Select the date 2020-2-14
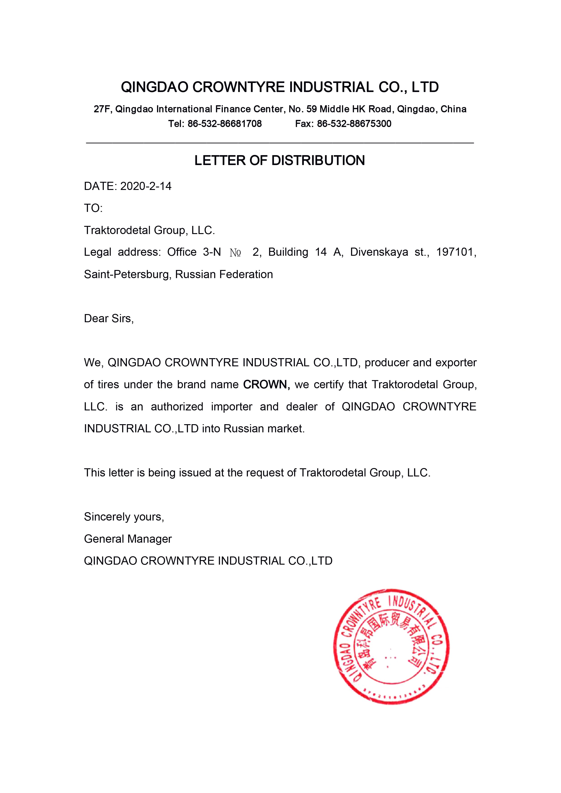coord(146,187)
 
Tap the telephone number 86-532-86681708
coord(225,124)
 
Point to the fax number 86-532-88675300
coord(354,124)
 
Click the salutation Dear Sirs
coord(109,318)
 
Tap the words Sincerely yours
coord(124,517)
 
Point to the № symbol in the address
coord(235,253)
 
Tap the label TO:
coord(93,208)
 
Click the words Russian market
coord(264,429)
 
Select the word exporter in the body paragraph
coord(456,363)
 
